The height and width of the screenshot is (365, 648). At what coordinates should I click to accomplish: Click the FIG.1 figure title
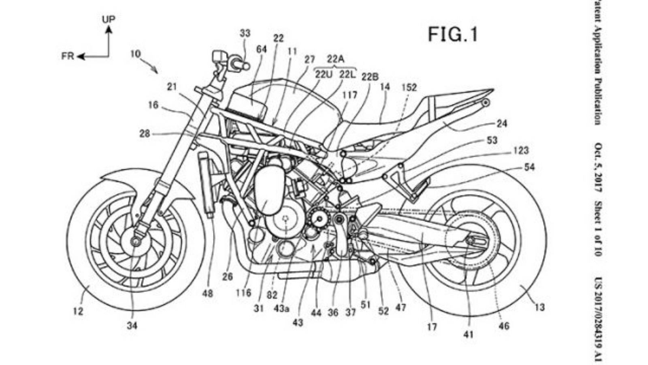tap(453, 34)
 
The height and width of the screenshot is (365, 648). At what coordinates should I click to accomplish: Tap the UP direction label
tap(108, 19)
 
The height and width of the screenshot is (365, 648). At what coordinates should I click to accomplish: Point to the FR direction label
tap(68, 56)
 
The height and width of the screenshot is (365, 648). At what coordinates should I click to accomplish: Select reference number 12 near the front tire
tap(78, 311)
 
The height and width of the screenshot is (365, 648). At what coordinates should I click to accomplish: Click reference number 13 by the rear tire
tap(539, 307)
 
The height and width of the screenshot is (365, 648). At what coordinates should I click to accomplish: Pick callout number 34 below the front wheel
tap(132, 325)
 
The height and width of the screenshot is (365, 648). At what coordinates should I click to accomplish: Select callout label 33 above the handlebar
tap(245, 33)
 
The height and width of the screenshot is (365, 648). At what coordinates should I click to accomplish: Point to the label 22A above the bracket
tap(336, 59)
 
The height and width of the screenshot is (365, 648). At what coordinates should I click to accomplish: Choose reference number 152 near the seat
tap(409, 88)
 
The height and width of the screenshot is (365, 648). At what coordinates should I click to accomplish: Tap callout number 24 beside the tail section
tap(502, 123)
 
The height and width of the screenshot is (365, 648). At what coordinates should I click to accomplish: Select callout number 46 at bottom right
tap(504, 326)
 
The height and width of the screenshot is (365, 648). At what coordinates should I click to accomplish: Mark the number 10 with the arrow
tap(136, 53)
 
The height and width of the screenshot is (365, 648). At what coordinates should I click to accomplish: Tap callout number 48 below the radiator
tap(207, 292)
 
